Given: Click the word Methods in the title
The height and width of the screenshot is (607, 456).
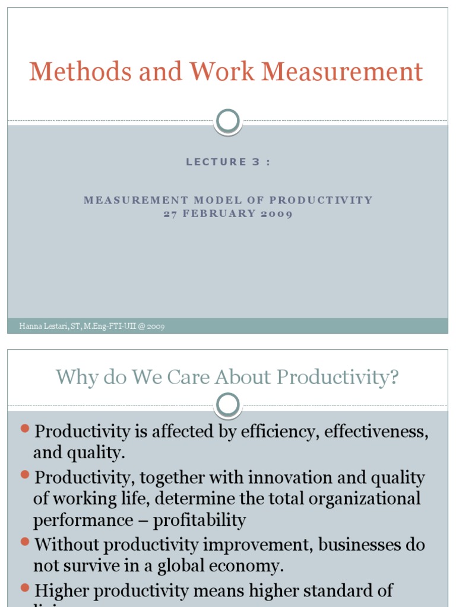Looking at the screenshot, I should pos(80,72).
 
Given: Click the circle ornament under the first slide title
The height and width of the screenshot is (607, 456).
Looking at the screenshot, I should pos(228,121).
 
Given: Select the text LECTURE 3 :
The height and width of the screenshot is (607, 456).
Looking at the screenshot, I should pos(228,162).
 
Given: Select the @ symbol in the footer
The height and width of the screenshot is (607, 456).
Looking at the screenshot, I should pos(140,326).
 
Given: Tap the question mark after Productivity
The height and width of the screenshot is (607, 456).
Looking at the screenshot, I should pos(394,378).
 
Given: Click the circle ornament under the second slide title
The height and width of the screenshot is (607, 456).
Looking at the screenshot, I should pos(228,405).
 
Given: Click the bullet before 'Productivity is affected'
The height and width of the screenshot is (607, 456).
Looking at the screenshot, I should pos(25,428).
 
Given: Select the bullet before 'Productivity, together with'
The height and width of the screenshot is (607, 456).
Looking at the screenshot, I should pos(25,474).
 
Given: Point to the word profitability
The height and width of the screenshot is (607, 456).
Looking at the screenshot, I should pos(199,520).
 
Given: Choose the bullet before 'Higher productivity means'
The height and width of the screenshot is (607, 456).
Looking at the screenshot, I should pos(25,587).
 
